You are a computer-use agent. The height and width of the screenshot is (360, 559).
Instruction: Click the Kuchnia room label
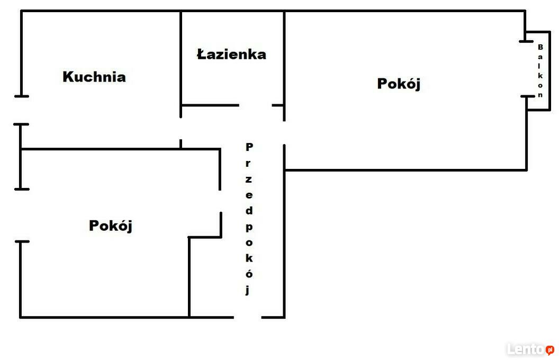[x=94, y=77]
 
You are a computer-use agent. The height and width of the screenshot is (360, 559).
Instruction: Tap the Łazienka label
[x=231, y=54]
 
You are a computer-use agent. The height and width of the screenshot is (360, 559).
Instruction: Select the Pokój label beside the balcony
[x=399, y=84]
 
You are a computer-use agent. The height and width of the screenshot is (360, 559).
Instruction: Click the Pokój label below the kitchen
[x=111, y=226]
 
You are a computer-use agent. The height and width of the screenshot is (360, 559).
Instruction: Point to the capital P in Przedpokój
[x=249, y=147]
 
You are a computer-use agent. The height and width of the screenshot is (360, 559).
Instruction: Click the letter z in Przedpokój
[x=249, y=179]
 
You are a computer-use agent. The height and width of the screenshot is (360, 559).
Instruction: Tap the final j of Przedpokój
[x=248, y=290]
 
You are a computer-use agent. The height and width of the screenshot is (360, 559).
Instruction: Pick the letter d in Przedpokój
[x=249, y=210]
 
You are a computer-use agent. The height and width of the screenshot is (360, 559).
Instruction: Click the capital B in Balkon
[x=540, y=47]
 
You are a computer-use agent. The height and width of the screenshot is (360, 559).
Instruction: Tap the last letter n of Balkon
[x=540, y=95]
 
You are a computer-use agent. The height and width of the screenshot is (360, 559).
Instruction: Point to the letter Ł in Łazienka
[x=202, y=54]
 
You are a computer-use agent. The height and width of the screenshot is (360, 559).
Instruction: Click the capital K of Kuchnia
[x=68, y=77]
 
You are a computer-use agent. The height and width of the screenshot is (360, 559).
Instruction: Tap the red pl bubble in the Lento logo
[x=549, y=349]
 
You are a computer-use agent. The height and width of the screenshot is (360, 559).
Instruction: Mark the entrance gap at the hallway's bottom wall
[x=248, y=317]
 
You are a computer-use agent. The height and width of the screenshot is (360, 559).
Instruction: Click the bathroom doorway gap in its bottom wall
[x=255, y=105]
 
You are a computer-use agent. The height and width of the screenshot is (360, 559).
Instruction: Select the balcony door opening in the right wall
[x=526, y=69]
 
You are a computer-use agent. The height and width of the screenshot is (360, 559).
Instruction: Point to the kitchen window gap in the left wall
[x=21, y=110]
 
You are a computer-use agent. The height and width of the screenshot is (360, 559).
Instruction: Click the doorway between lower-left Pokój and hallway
[x=220, y=201]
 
